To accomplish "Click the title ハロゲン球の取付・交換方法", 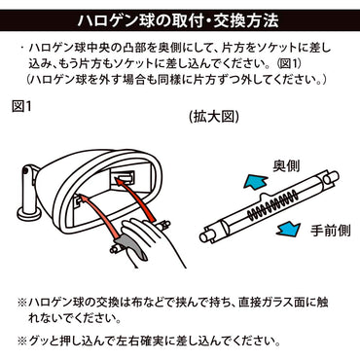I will click(x=179, y=19).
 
